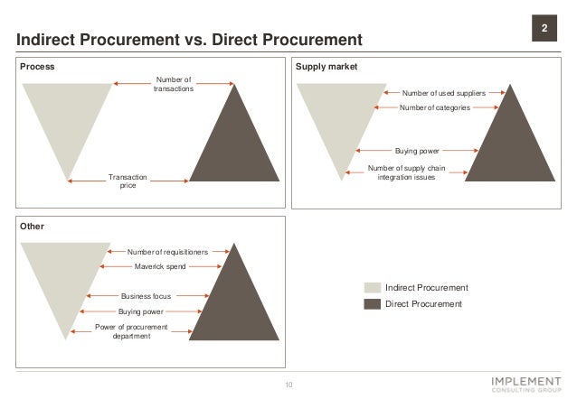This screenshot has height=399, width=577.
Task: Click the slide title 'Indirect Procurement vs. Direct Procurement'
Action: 184,40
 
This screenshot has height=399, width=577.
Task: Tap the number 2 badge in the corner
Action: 544,30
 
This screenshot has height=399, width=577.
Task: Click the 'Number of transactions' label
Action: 175,89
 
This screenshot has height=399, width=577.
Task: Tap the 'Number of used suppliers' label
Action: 443,92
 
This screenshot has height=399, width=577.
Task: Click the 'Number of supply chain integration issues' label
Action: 406,172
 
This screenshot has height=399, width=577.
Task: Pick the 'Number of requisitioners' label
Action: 167,252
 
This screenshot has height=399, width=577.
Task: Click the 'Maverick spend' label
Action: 159,267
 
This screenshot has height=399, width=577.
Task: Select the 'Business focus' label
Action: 146,295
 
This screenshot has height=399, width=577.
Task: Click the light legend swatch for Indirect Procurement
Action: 373,287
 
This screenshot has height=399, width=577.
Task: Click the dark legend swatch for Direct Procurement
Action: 373,304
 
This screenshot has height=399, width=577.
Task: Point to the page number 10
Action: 289,385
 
